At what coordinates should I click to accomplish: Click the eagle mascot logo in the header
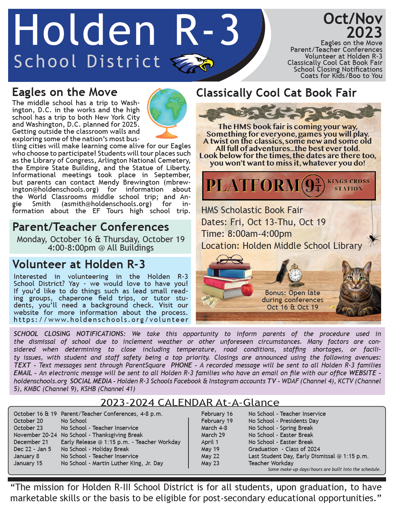coord(192,63)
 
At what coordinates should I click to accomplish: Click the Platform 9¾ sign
coord(288,186)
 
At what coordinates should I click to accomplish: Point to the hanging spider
coord(373,239)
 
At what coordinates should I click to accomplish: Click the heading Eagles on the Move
coord(65,92)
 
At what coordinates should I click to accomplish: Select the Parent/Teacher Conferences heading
coord(91,227)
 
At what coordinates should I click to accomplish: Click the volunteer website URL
coord(101,320)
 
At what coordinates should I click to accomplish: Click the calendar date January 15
coord(28,463)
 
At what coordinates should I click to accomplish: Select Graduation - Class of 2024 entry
coord(284,449)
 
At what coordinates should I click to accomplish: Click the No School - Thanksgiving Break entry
coord(102,435)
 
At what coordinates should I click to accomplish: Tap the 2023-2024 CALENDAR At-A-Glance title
coord(190,402)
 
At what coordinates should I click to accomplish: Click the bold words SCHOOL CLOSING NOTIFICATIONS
coord(69,334)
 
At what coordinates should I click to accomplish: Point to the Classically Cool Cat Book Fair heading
coord(276,93)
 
